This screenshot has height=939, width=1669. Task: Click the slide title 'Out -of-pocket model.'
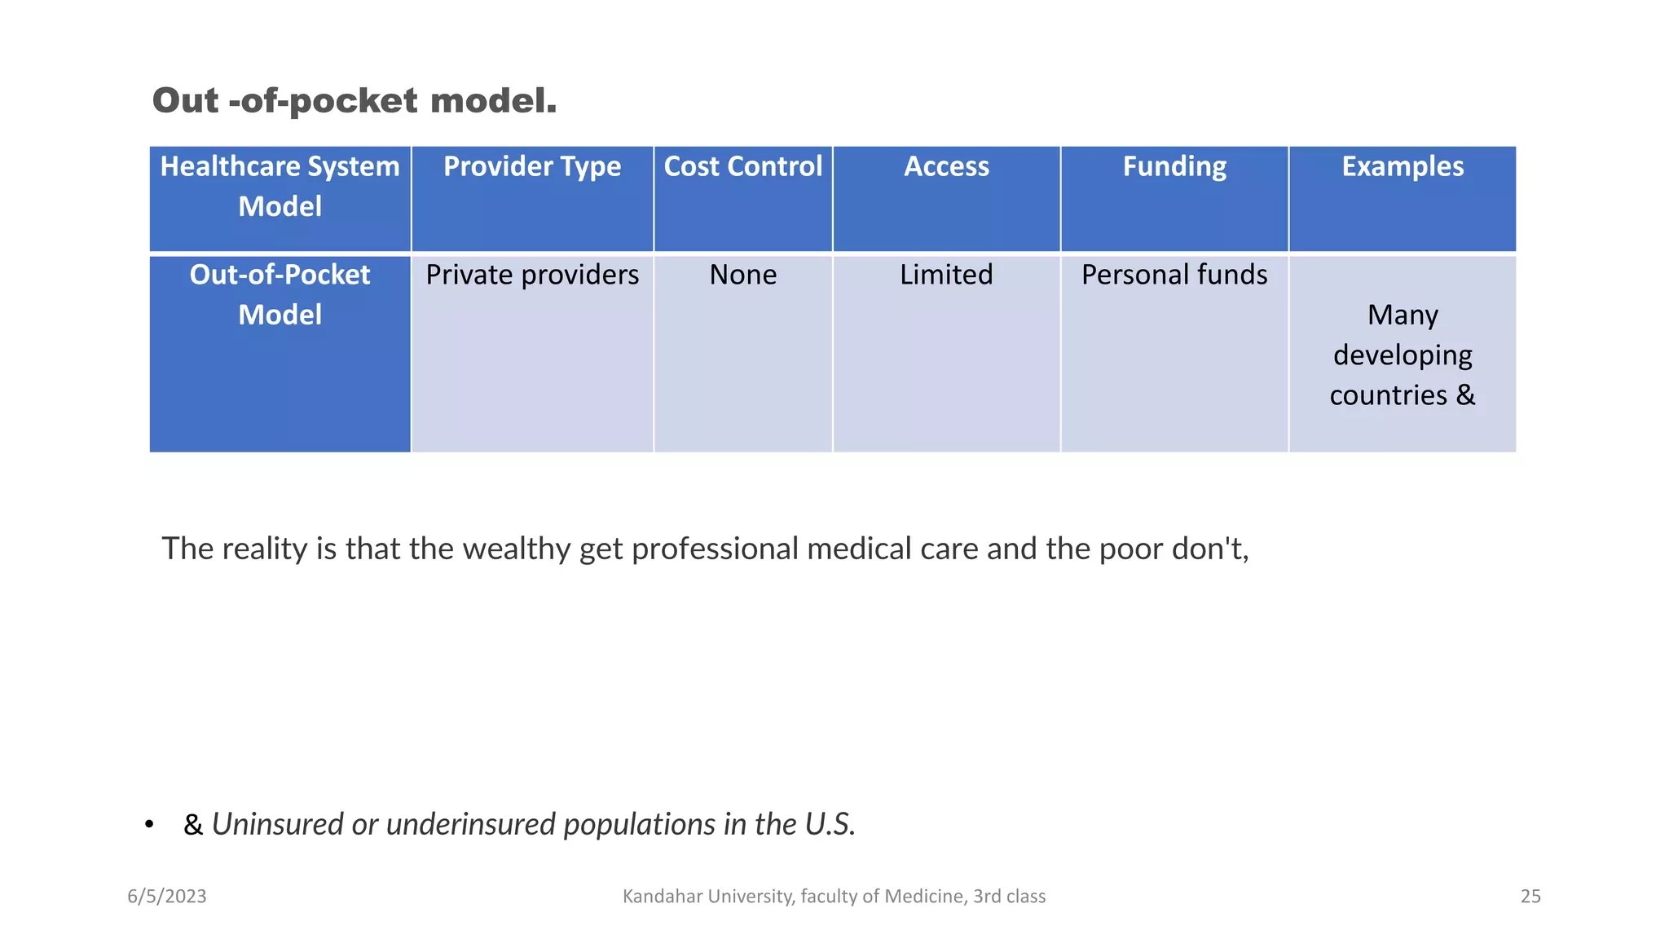tap(354, 101)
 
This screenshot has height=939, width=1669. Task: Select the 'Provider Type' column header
tap(532, 167)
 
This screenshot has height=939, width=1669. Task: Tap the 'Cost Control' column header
tap(742, 167)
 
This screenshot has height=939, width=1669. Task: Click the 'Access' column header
tap(946, 167)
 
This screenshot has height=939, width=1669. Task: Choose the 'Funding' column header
tap(1174, 167)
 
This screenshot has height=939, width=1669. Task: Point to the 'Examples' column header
tap(1403, 167)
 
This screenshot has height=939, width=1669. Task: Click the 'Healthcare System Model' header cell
tap(280, 187)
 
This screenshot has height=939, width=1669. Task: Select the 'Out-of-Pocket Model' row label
tap(280, 294)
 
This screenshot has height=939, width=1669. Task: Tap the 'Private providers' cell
tap(532, 276)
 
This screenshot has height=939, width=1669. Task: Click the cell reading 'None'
tap(742, 276)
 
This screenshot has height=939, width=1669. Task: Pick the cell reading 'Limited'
tap(946, 276)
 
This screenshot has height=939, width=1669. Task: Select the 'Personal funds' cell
tap(1174, 276)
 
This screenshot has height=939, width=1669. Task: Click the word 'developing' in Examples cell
tap(1403, 355)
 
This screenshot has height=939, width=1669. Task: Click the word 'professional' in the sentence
tap(715, 549)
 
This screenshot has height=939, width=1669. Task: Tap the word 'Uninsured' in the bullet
tap(277, 825)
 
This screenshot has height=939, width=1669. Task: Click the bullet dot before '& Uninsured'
tap(149, 826)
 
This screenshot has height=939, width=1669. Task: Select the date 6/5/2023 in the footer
tap(167, 897)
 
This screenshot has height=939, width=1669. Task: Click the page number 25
tap(1530, 897)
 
